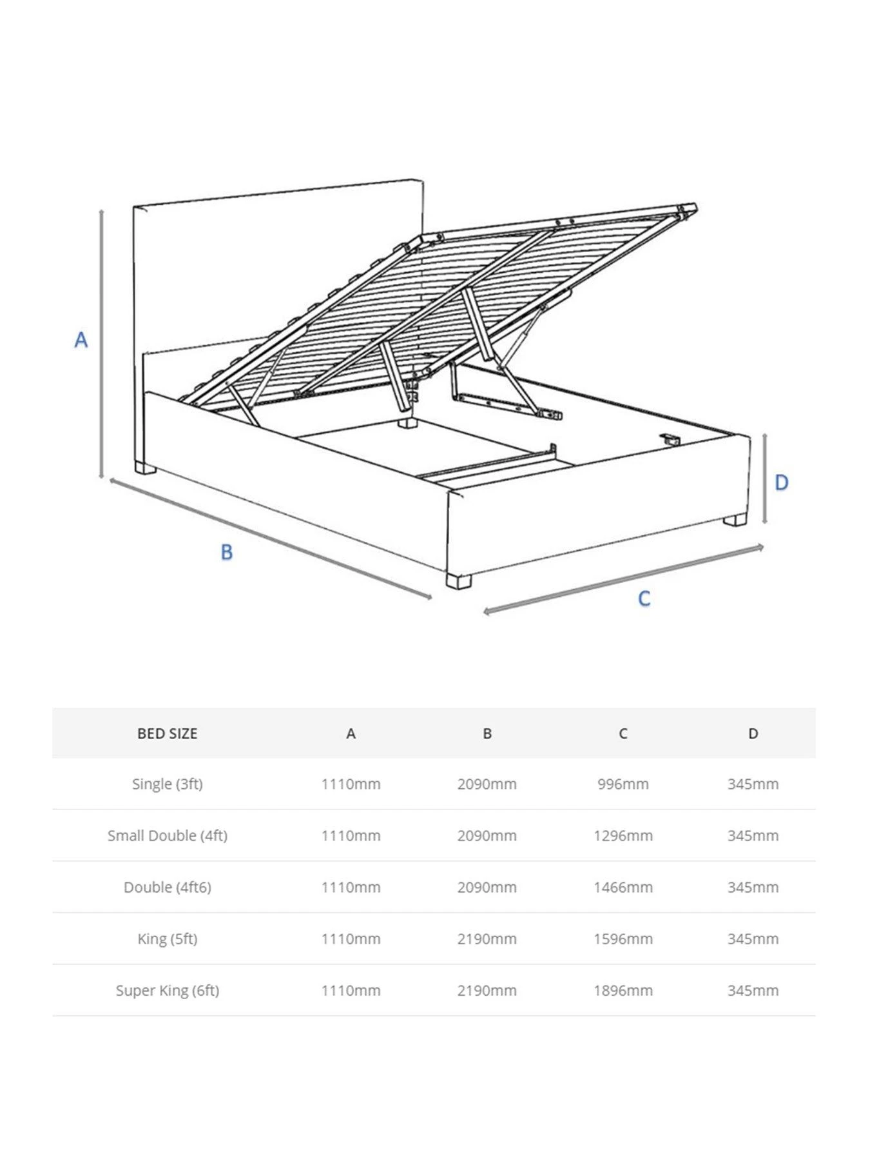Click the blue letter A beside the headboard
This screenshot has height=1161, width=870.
tap(81, 339)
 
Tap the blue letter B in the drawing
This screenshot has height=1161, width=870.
tap(226, 552)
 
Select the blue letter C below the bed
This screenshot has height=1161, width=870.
tap(644, 599)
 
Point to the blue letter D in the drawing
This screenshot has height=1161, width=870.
tap(781, 482)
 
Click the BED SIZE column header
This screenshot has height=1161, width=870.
tap(167, 733)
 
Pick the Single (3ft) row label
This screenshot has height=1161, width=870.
tap(167, 784)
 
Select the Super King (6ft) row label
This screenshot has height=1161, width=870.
tap(167, 990)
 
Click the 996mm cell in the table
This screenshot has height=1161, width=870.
tap(623, 784)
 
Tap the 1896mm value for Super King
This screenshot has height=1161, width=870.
tap(623, 990)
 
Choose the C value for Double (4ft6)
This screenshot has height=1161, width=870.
tap(623, 887)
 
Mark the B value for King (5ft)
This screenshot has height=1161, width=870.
tap(487, 938)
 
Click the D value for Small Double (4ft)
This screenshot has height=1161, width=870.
tap(753, 835)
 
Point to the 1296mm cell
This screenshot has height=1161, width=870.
tap(623, 835)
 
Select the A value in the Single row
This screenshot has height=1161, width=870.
tap(351, 784)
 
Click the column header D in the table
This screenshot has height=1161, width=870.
tap(753, 733)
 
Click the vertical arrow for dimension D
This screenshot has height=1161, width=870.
tap(764, 478)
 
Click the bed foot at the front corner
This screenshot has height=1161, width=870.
tap(458, 581)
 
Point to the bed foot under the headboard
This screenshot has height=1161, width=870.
tap(145, 468)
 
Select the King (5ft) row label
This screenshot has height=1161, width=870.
tap(167, 938)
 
